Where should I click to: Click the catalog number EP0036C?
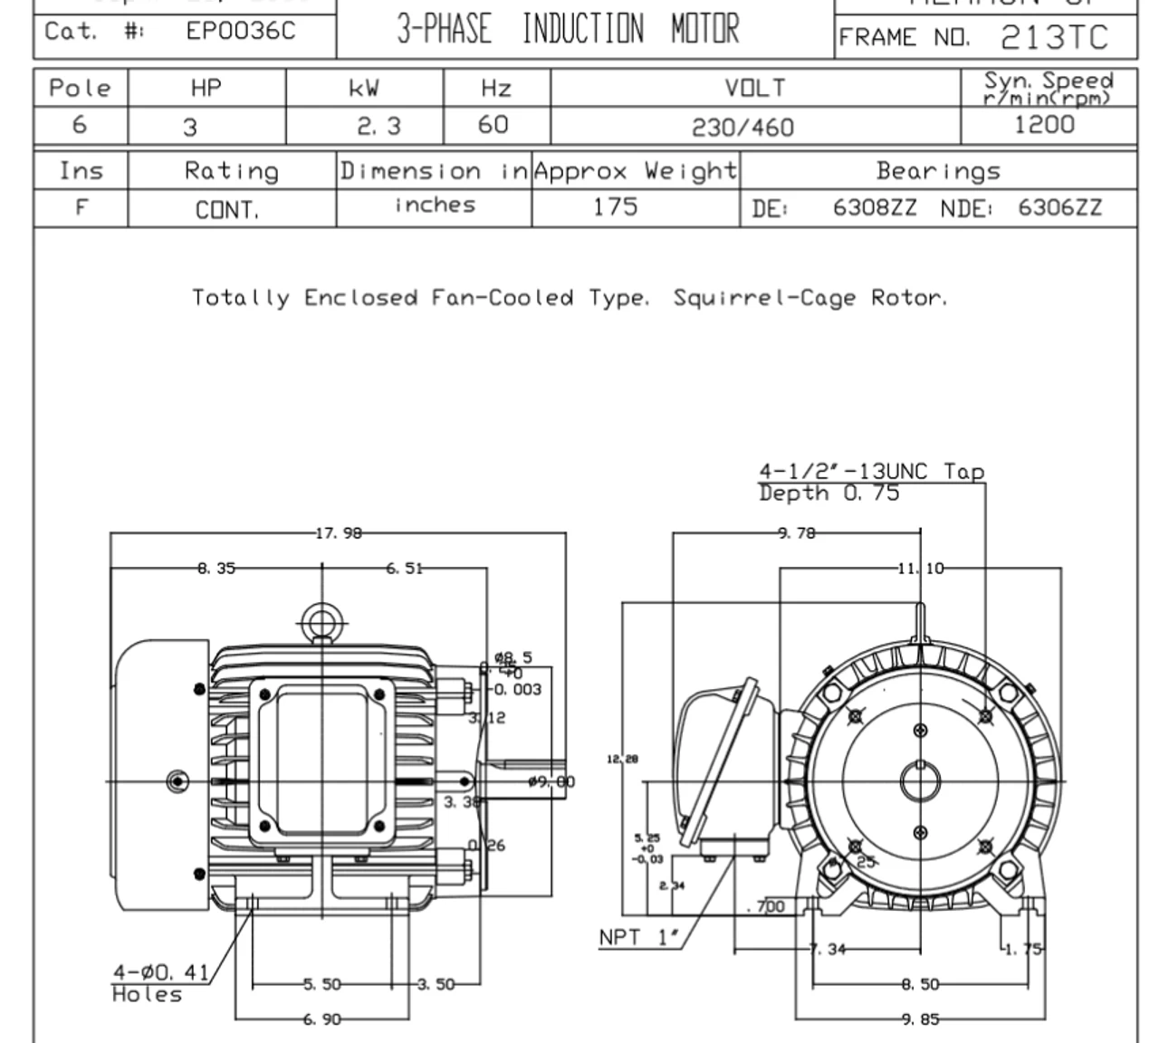pyautogui.click(x=240, y=32)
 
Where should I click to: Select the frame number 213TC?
pyautogui.click(x=1054, y=37)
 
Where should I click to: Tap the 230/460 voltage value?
pyautogui.click(x=742, y=128)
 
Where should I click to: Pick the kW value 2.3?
pyautogui.click(x=378, y=127)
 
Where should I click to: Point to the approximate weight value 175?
pyautogui.click(x=615, y=207)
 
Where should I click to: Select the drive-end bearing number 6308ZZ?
pyautogui.click(x=874, y=208)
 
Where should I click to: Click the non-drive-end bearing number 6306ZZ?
pyautogui.click(x=1059, y=208)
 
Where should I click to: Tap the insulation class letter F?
pyautogui.click(x=81, y=207)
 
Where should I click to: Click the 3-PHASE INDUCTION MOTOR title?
pyautogui.click(x=568, y=30)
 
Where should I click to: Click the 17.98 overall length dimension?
pyautogui.click(x=338, y=533)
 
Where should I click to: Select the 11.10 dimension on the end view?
pyautogui.click(x=920, y=569)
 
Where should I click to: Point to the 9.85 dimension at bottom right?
pyautogui.click(x=920, y=1019)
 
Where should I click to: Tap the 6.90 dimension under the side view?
pyautogui.click(x=321, y=1019)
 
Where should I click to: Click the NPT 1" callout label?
pyautogui.click(x=638, y=937)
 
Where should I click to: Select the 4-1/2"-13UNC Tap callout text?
pyautogui.click(x=870, y=472)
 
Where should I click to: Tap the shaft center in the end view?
pyautogui.click(x=920, y=781)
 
